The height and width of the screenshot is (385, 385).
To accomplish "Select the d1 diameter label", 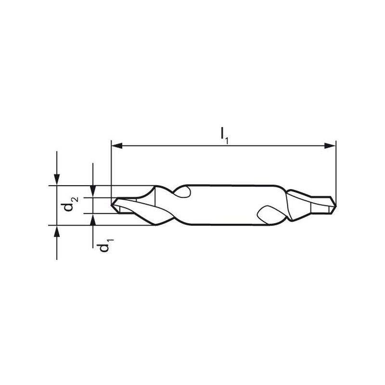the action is [x=105, y=245].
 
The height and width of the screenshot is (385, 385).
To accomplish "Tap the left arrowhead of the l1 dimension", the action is [x=117, y=146].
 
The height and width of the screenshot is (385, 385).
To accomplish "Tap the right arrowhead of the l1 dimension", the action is [x=330, y=146].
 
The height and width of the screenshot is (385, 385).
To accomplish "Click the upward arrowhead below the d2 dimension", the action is [x=57, y=231].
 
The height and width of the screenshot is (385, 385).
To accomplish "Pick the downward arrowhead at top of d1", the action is [x=93, y=191].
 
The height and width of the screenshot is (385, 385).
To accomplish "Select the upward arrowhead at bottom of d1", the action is [x=93, y=219].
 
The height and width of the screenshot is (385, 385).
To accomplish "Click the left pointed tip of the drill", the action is [x=112, y=205].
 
